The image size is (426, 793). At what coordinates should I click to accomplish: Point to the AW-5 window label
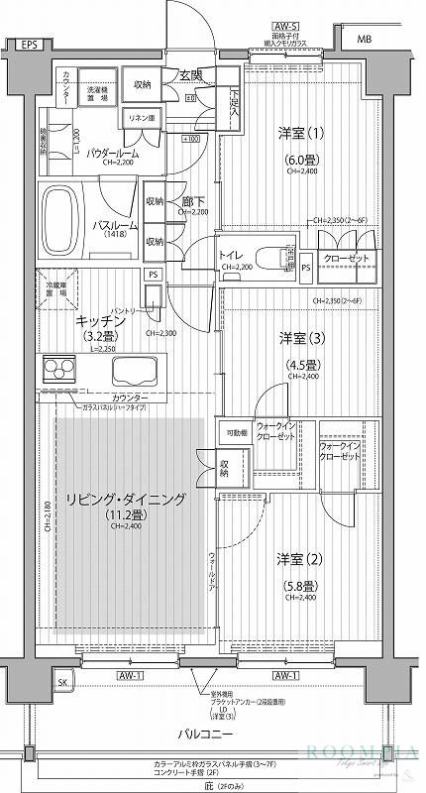point(287,31)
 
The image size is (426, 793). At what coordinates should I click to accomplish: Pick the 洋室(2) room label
point(293,557)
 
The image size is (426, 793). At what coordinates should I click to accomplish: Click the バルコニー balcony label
point(206,736)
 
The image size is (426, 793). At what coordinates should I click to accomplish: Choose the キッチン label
point(96,321)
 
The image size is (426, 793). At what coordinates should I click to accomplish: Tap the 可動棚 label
point(236,432)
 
